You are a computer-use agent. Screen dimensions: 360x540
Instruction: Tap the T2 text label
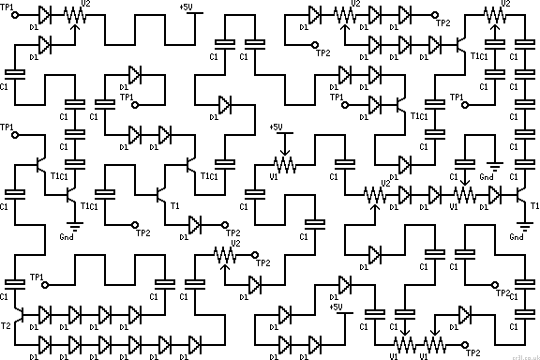pos(7,325)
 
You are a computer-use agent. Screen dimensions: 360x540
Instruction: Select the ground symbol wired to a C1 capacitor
pos(489,166)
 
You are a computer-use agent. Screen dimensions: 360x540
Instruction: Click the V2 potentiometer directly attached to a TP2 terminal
pos(225,254)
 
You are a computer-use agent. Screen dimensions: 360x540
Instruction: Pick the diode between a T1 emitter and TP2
pos(195,225)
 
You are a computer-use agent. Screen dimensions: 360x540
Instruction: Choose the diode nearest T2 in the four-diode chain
pos(45,316)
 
